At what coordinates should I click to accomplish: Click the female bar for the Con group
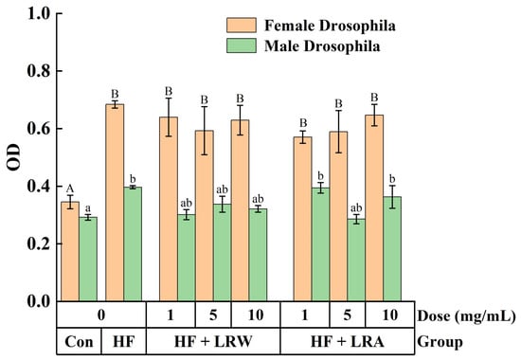tap(70, 251)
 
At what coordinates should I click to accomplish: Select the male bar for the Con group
tap(88, 260)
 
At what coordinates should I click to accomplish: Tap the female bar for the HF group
tap(115, 203)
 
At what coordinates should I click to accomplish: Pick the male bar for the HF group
tap(133, 244)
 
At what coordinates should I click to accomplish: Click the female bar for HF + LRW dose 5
tap(205, 216)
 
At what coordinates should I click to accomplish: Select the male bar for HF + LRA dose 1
tap(320, 244)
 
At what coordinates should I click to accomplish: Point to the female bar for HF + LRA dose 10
tap(374, 208)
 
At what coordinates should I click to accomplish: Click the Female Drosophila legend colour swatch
tap(242, 26)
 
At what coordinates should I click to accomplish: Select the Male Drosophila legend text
tap(322, 45)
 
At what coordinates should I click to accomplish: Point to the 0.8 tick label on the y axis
tap(38, 71)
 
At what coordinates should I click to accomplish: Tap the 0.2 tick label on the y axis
tap(38, 243)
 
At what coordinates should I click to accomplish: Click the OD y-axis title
tap(13, 157)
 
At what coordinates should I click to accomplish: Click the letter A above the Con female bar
tap(70, 189)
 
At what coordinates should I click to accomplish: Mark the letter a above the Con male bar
tap(88, 208)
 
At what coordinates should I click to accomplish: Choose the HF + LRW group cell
tap(213, 341)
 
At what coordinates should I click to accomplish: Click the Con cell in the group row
tap(79, 341)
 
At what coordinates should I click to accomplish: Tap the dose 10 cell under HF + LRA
tap(389, 315)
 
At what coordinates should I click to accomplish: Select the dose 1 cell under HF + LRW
tap(171, 315)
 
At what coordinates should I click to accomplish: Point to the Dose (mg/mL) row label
tap(466, 315)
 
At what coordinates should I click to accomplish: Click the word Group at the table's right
tap(440, 342)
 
